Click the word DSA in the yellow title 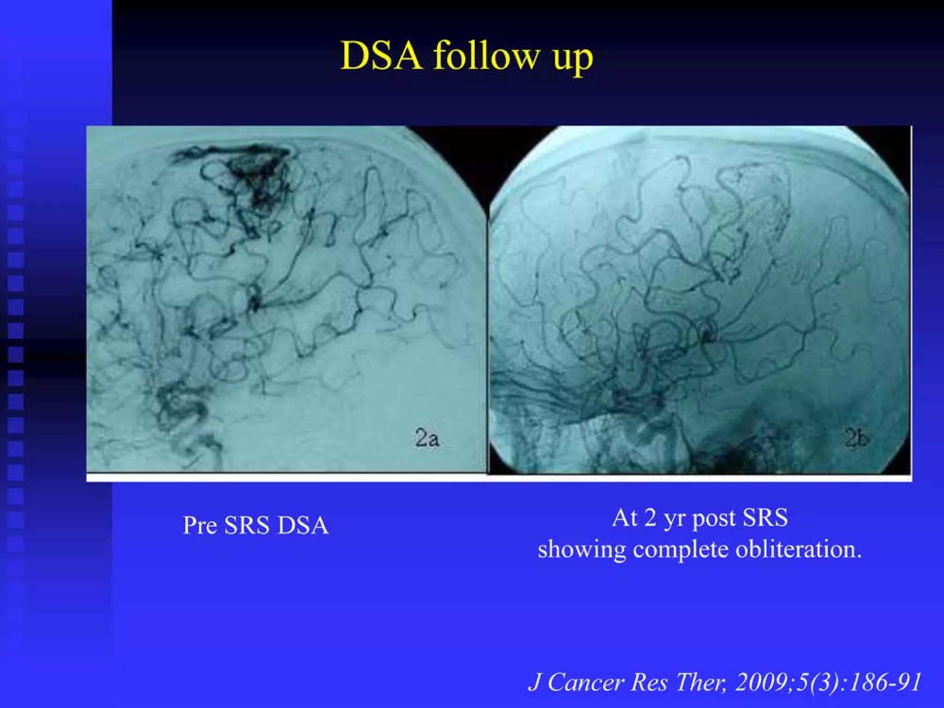click(381, 56)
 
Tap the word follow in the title click(486, 56)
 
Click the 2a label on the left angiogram click(427, 438)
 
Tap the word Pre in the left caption click(200, 525)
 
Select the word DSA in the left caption click(303, 525)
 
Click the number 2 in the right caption click(650, 518)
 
